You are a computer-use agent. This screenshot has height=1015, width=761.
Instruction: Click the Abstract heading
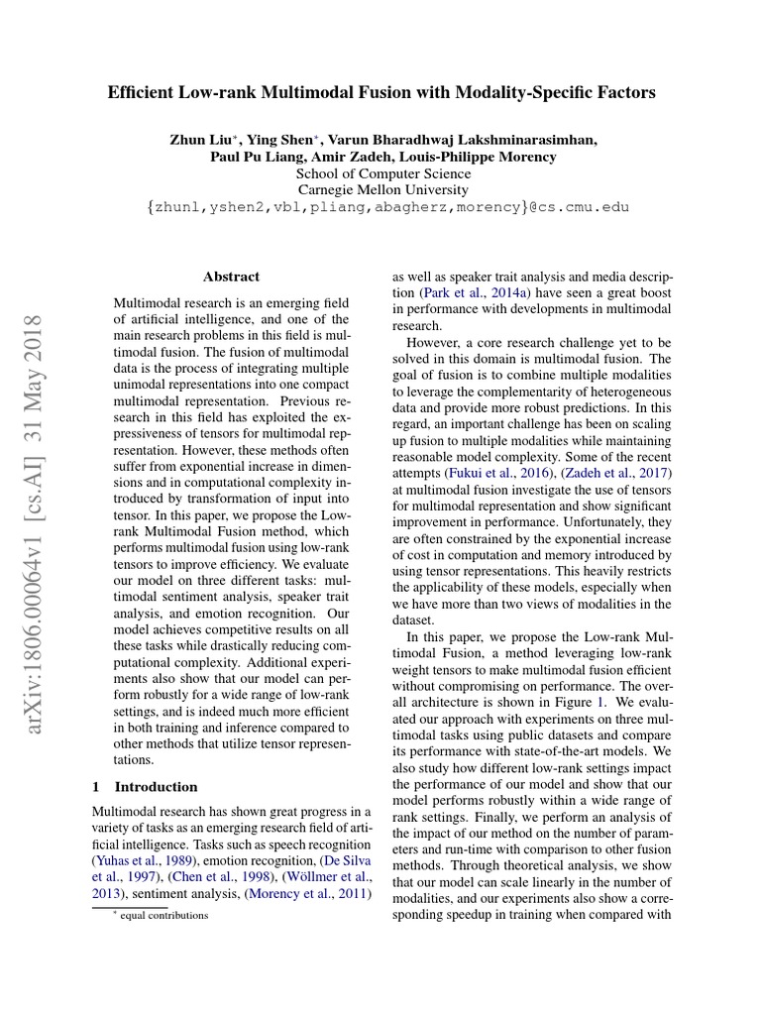coord(231,278)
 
